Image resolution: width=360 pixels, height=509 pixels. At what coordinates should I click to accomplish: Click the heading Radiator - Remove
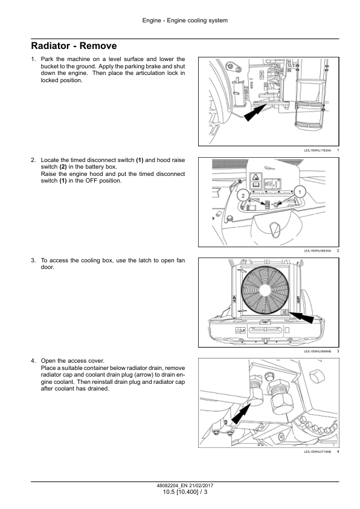74,46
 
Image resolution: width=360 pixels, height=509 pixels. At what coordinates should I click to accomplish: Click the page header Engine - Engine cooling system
185,21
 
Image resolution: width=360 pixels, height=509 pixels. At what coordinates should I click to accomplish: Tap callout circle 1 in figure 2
300,192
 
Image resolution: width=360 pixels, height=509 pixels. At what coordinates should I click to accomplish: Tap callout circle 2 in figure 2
243,195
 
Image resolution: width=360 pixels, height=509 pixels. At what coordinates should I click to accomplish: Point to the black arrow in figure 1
255,112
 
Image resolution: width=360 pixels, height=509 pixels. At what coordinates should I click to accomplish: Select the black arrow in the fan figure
301,317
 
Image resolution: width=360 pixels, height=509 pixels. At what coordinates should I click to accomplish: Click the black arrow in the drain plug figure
241,413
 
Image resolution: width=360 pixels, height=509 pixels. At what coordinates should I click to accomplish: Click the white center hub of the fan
265,290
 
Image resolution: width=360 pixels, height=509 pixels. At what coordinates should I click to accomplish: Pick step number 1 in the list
33,59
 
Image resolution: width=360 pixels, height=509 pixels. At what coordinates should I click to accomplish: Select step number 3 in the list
33,261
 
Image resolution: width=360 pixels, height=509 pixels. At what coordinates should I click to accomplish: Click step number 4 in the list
33,361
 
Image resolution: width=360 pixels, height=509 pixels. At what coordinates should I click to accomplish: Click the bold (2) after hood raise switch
63,167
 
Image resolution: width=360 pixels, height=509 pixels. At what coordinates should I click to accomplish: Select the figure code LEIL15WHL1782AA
318,151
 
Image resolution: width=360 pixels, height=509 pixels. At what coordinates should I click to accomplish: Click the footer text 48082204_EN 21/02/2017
185,485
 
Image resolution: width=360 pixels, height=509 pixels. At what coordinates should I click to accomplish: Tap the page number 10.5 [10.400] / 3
185,492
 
